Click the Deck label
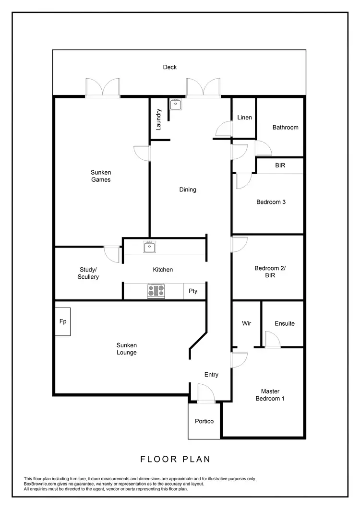tap(170, 67)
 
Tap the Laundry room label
tap(159, 119)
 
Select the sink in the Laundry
tap(175, 104)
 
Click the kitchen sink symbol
tap(149, 247)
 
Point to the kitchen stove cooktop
tap(156, 291)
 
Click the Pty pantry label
tap(193, 291)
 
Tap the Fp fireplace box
tap(63, 321)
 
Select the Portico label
tap(204, 421)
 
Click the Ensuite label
tap(285, 323)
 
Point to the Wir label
tap(246, 323)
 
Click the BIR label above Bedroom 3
tap(280, 165)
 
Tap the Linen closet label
tap(244, 118)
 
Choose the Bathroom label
tap(285, 127)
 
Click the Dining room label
tap(188, 189)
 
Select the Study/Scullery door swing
tap(112, 253)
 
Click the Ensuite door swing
tap(272, 339)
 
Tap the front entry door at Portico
tap(206, 392)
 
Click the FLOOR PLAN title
tap(175, 459)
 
